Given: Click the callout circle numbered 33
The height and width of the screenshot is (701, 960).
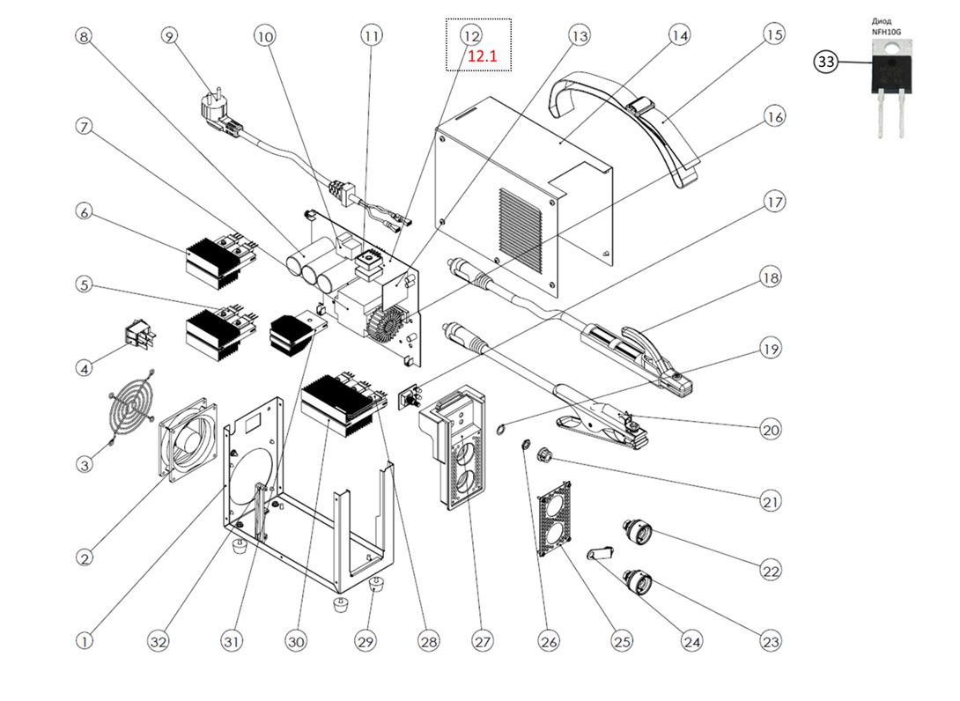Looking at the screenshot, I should (x=826, y=62).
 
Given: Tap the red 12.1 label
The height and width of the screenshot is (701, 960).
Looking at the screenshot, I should (x=483, y=56).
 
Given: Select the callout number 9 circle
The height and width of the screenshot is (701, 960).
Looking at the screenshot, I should (x=170, y=36).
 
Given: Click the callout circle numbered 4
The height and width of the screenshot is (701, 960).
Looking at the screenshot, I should (x=85, y=368).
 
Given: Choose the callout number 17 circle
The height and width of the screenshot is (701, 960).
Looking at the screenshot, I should (x=774, y=203).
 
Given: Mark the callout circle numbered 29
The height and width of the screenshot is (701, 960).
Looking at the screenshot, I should (x=366, y=642).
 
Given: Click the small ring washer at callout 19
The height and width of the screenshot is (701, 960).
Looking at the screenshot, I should (x=499, y=430).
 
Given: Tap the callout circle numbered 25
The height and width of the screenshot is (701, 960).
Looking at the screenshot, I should (x=623, y=642).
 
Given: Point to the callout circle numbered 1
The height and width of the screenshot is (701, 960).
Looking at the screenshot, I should (x=85, y=642).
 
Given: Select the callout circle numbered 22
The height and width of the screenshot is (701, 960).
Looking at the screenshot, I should (x=772, y=572).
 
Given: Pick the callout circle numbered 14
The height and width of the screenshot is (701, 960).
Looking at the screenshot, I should (x=679, y=36).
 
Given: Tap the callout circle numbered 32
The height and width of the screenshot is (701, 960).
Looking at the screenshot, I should (x=158, y=642).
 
